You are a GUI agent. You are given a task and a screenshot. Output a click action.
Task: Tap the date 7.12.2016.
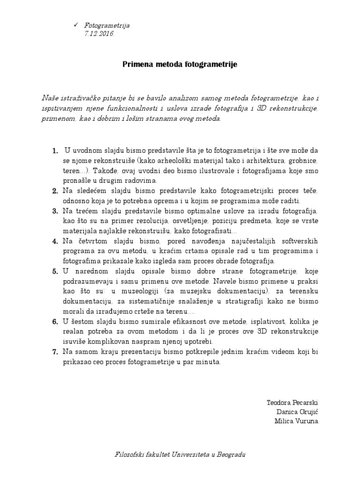click(99, 34)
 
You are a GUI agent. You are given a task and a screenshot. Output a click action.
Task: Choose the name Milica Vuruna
click(296, 420)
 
